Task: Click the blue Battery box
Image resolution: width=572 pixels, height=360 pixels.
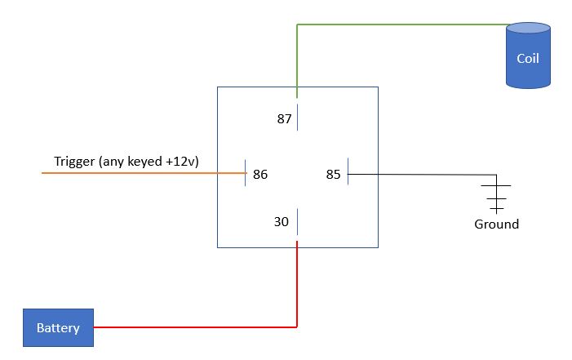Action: tap(59, 327)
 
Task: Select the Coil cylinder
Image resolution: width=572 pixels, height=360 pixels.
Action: tap(528, 56)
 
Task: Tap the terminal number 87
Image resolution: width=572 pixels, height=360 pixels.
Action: tap(284, 118)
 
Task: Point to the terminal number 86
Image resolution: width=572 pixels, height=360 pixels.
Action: tap(260, 174)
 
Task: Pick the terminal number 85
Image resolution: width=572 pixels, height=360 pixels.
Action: tap(333, 174)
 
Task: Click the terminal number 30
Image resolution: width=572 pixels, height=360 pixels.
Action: tap(282, 221)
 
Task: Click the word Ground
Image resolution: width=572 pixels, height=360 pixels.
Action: tap(496, 224)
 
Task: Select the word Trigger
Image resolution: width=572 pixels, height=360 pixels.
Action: tap(74, 162)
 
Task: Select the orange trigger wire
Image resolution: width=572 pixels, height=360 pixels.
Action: tap(144, 173)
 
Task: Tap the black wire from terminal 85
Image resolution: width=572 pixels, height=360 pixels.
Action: tap(422, 175)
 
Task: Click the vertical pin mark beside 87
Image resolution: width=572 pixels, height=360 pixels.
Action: tap(297, 117)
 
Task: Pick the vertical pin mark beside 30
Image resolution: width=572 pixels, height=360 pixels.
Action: tap(297, 221)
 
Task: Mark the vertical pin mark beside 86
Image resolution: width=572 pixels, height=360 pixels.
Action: tap(245, 173)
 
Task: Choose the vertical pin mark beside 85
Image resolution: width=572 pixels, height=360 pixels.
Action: tap(348, 171)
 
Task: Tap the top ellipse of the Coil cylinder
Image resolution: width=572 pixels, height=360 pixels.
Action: tap(528, 28)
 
